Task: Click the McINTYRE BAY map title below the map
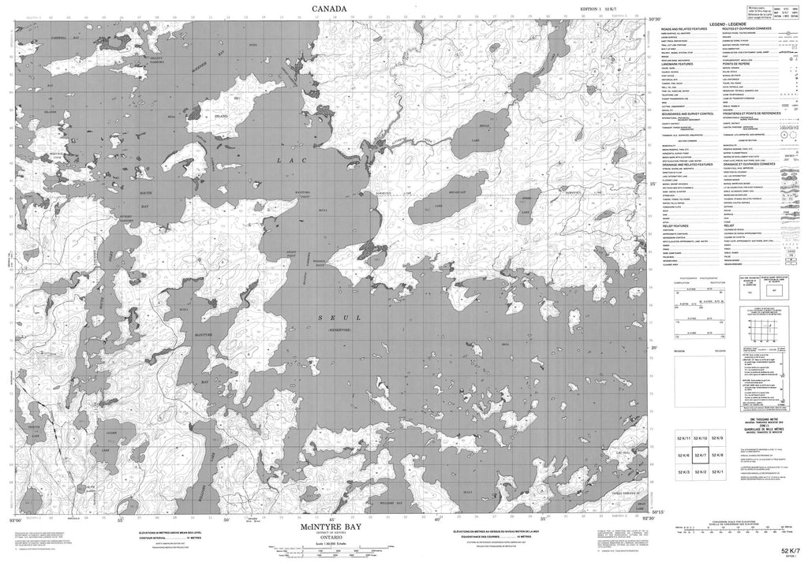click(326, 526)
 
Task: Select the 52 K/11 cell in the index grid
click(684, 438)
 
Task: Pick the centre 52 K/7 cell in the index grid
click(701, 454)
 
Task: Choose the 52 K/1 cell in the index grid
click(717, 471)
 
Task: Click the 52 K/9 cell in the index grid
click(717, 438)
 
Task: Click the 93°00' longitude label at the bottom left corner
click(10, 519)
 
